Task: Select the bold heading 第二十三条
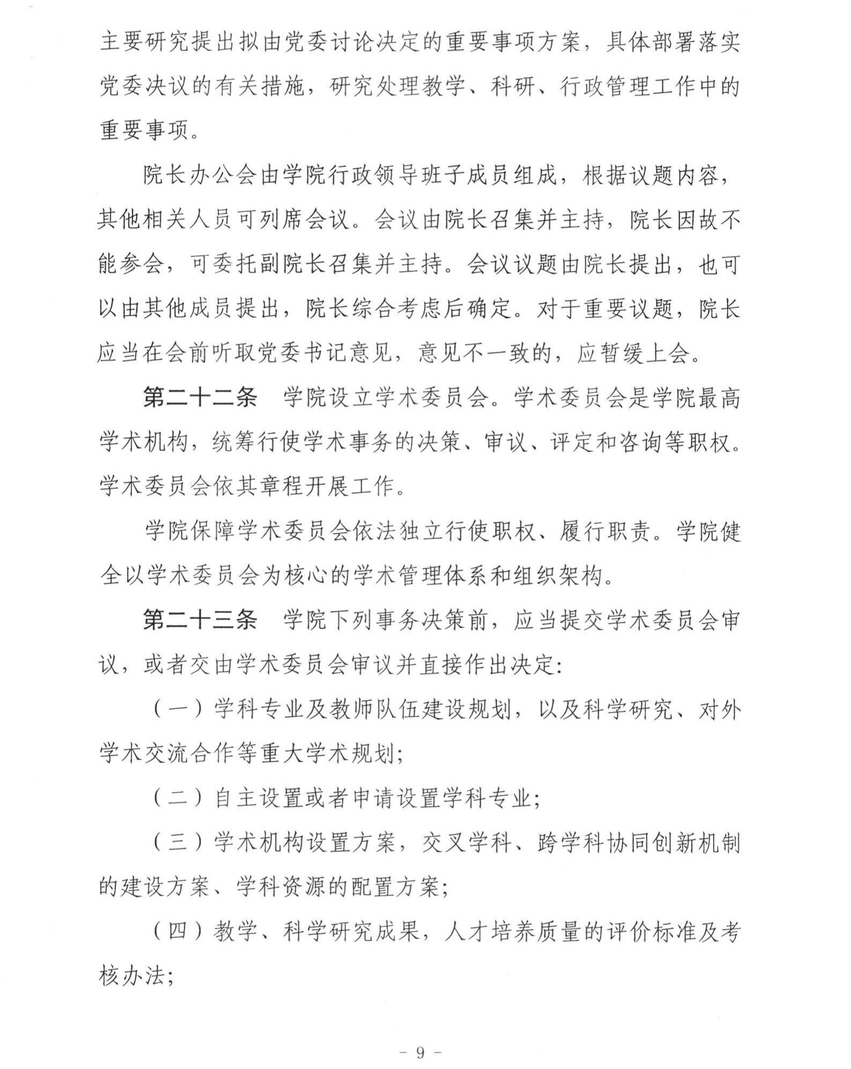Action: point(200,620)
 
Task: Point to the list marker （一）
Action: point(178,709)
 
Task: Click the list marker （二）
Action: point(178,798)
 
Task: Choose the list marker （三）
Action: point(178,843)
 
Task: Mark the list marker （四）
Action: point(178,932)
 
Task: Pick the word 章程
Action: point(272,487)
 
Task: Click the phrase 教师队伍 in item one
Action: point(376,709)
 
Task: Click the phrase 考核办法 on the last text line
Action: point(134,976)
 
